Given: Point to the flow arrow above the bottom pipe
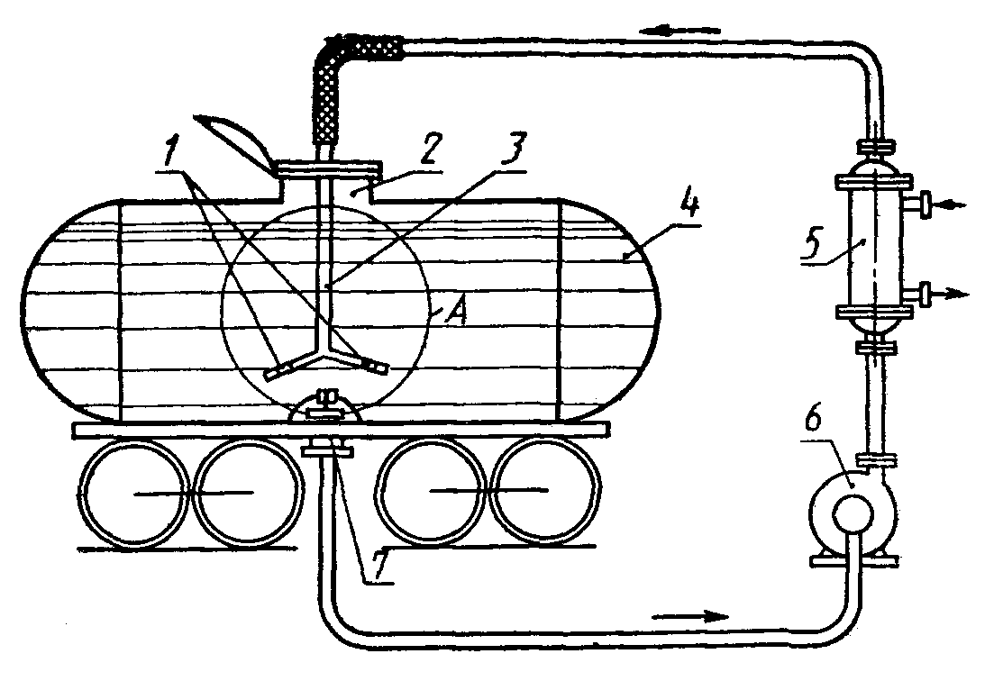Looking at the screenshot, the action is click(x=690, y=616).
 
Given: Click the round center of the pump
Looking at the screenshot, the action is click(x=850, y=514).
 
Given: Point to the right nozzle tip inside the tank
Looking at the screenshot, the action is click(x=375, y=366).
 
